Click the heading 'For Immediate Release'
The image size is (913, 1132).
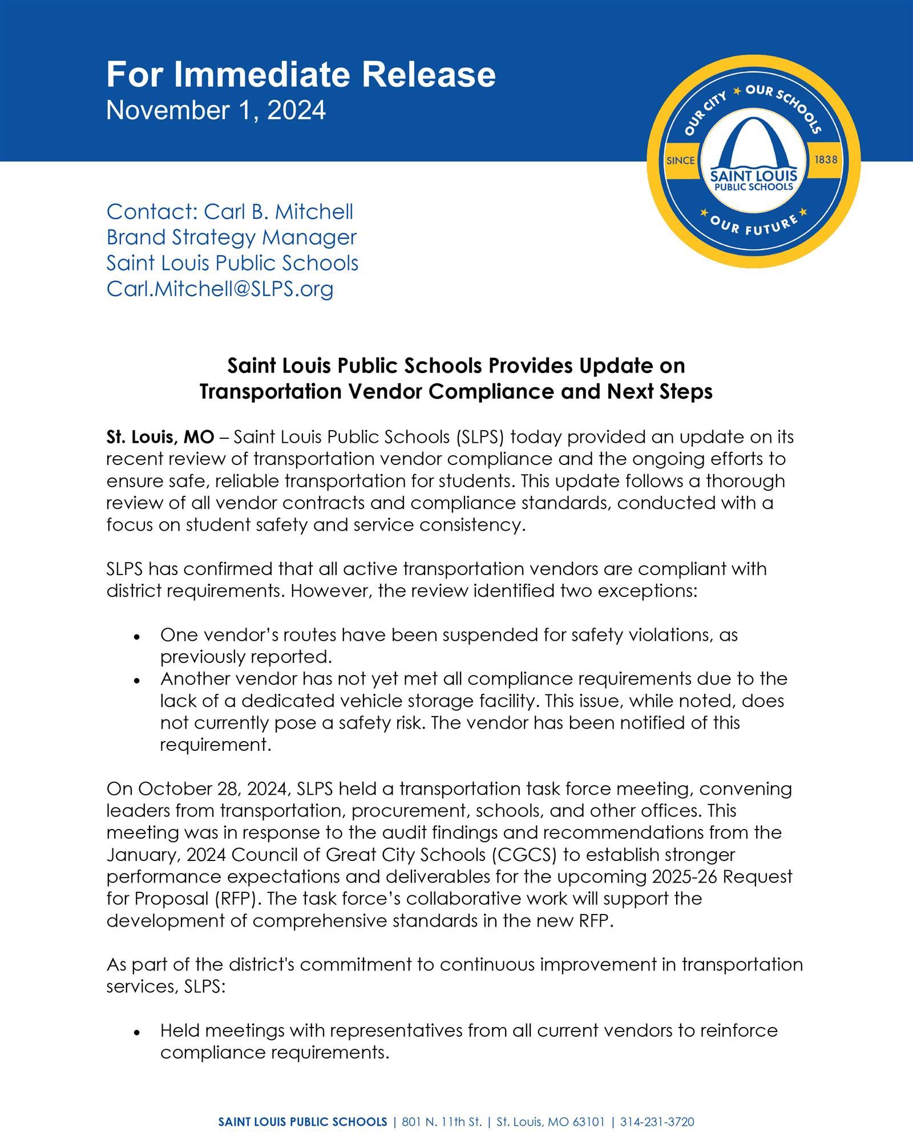(x=301, y=74)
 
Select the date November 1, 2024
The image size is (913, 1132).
(x=216, y=110)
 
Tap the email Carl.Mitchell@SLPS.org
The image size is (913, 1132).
(x=220, y=289)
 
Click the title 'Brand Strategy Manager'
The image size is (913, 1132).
(x=231, y=237)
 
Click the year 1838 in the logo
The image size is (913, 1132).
(x=826, y=160)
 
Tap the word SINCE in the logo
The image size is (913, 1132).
(x=681, y=160)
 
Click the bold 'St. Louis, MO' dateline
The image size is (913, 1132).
(x=160, y=437)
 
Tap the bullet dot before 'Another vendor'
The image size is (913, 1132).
(x=136, y=680)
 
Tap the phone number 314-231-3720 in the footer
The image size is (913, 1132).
(x=657, y=1106)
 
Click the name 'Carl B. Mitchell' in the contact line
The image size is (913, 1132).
(x=278, y=212)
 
